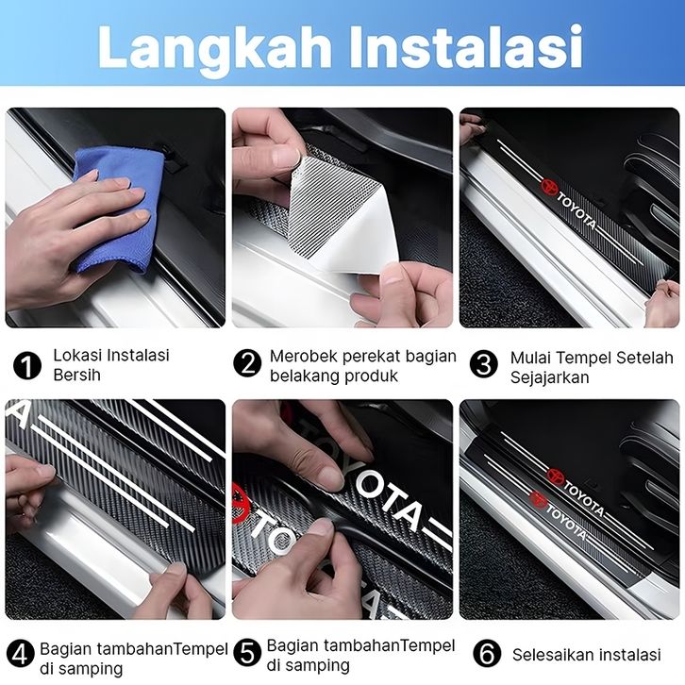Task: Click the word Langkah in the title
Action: click(215, 49)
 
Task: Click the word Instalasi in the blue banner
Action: click(465, 46)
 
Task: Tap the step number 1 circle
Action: click(27, 366)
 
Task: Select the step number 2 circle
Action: click(247, 362)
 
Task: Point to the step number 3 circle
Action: click(484, 363)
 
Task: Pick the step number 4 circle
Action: click(20, 654)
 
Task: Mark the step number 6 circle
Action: click(487, 654)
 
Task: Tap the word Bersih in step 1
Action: click(76, 375)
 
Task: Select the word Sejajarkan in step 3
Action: click(549, 377)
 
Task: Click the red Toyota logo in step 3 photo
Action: click(549, 187)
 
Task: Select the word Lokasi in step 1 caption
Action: click(77, 355)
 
